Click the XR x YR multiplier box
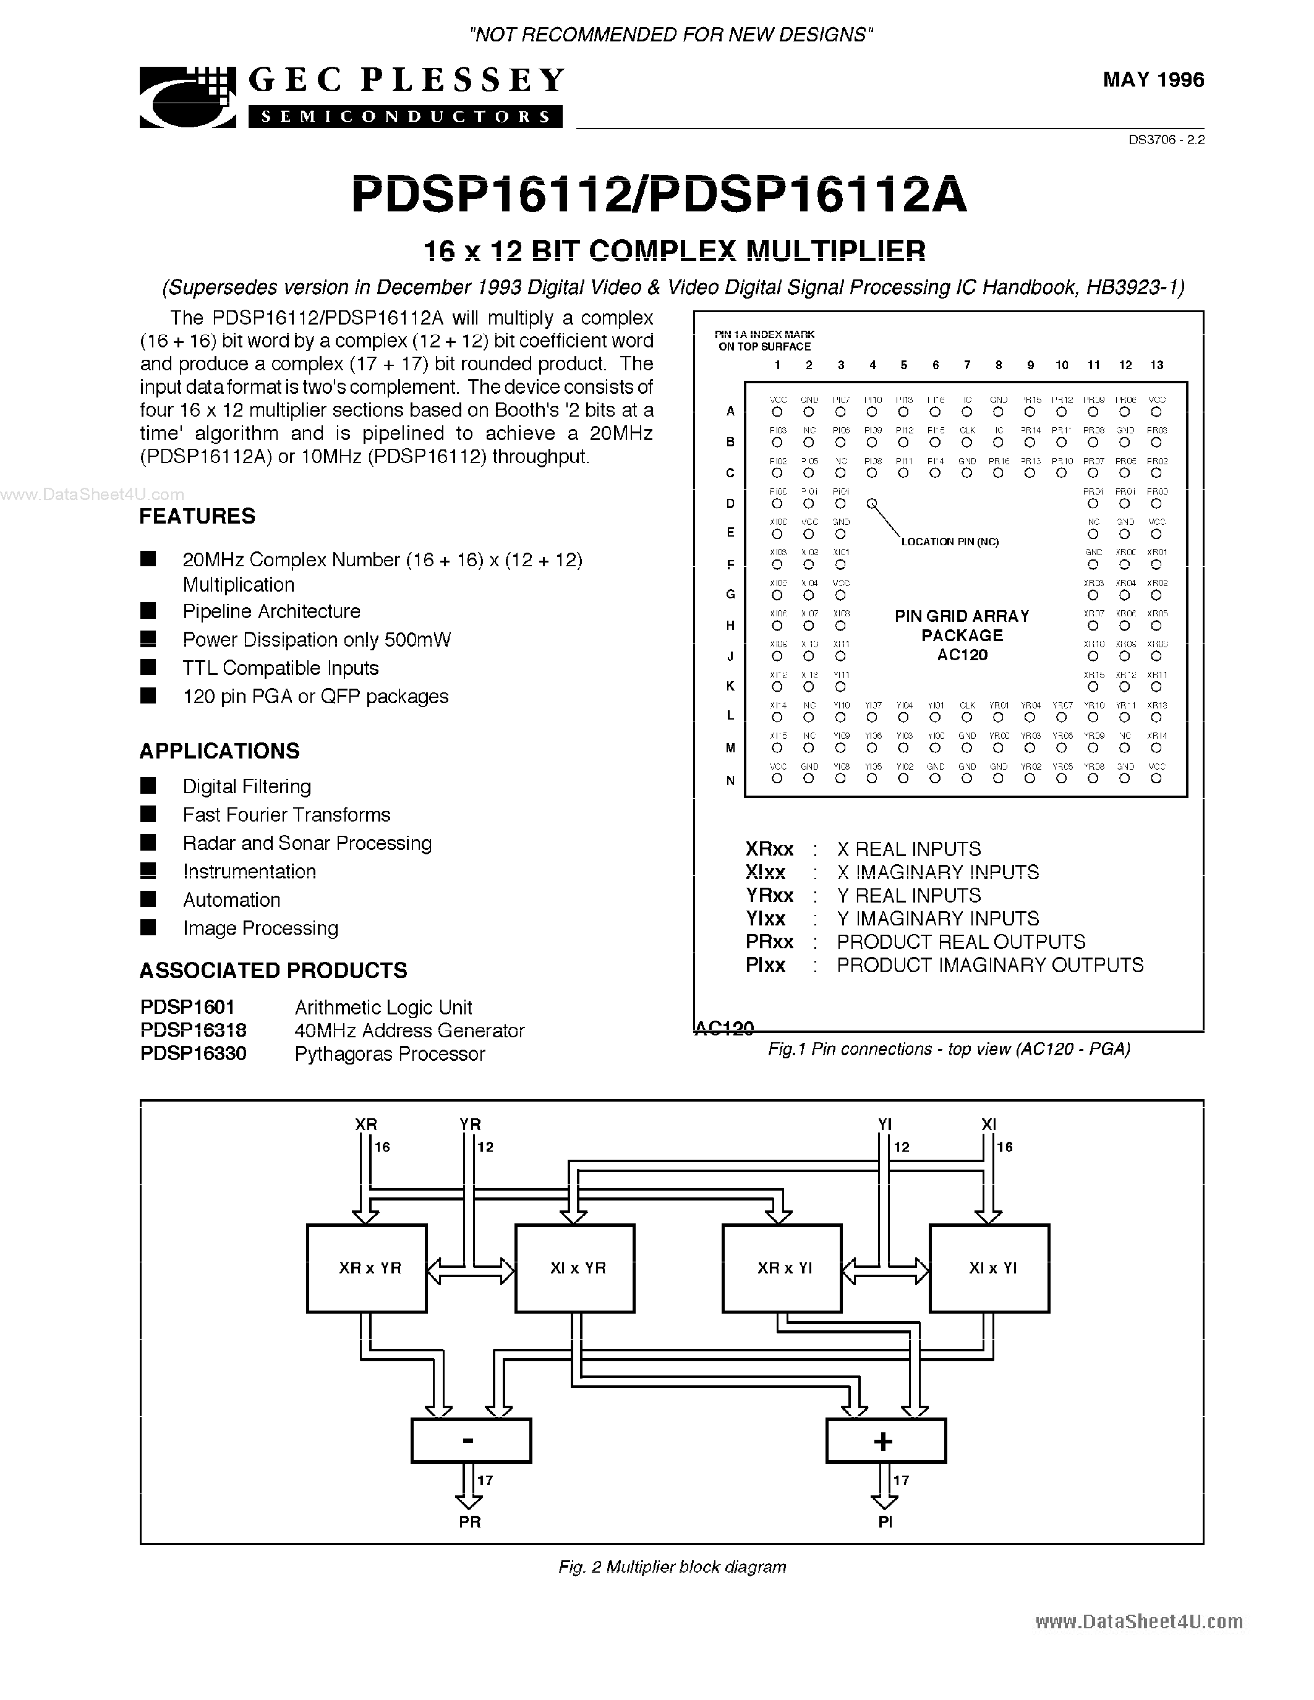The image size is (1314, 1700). tap(367, 1268)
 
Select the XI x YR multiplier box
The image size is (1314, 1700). tap(575, 1268)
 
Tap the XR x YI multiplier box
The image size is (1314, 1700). tap(782, 1268)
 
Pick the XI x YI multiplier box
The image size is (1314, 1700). tap(989, 1268)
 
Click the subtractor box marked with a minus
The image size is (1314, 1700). tap(471, 1440)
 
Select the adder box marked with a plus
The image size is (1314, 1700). tap(885, 1440)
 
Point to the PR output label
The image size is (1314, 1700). tap(469, 1522)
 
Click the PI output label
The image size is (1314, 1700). tap(885, 1522)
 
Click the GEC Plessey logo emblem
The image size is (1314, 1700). tap(187, 97)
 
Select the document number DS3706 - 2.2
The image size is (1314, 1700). tap(1166, 141)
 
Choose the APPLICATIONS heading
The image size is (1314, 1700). tap(220, 751)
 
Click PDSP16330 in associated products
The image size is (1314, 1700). tap(193, 1054)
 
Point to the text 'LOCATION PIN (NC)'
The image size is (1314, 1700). tap(950, 542)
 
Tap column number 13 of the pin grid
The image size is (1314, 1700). tap(1157, 365)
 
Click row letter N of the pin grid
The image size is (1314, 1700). tap(730, 781)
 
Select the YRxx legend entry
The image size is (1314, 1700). tap(770, 896)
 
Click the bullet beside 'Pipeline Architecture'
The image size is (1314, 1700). tap(148, 610)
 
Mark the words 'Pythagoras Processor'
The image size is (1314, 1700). tap(390, 1054)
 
